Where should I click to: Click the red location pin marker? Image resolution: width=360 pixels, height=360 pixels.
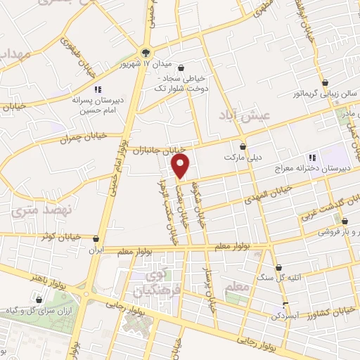click(x=181, y=166)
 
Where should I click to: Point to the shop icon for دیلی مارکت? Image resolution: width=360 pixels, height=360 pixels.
click(x=243, y=146)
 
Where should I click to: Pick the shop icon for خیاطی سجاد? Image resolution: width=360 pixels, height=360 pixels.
click(x=182, y=68)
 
